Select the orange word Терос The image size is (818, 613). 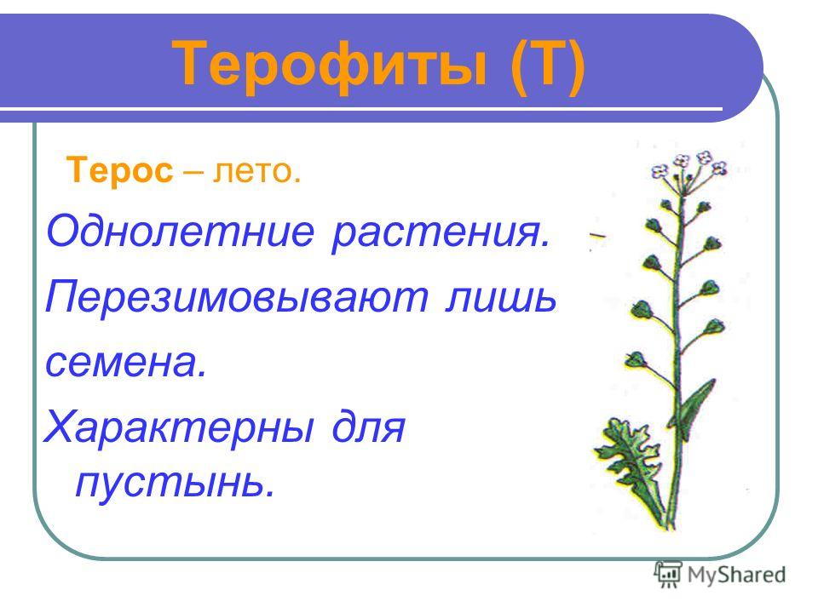click(119, 170)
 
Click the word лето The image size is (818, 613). click(256, 170)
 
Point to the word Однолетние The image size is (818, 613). click(181, 231)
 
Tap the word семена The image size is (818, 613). click(126, 363)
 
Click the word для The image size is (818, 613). click(368, 427)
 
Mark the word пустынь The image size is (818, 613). click(176, 483)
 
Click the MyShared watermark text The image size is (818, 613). click(736, 575)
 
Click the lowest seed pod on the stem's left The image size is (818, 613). click(636, 359)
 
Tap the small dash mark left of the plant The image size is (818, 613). click(598, 236)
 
